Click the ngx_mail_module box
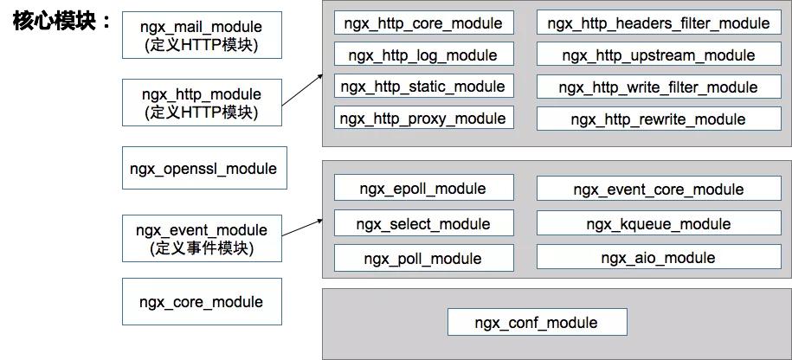tap(201, 35)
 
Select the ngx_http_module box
tap(201, 103)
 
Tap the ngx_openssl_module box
tap(203, 169)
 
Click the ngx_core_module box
tap(201, 302)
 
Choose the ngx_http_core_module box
tap(423, 23)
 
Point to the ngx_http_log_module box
tap(423, 55)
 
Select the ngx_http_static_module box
tap(423, 87)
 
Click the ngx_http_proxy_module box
tap(423, 119)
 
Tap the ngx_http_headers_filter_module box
tap(658, 23)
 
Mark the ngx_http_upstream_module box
tap(658, 55)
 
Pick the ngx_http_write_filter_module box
tap(658, 87)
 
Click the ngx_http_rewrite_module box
tap(658, 119)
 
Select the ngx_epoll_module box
tap(423, 189)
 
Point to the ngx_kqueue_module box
tap(658, 224)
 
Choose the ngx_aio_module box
tap(658, 258)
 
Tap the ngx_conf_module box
tap(537, 323)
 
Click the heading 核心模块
tap(60, 21)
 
